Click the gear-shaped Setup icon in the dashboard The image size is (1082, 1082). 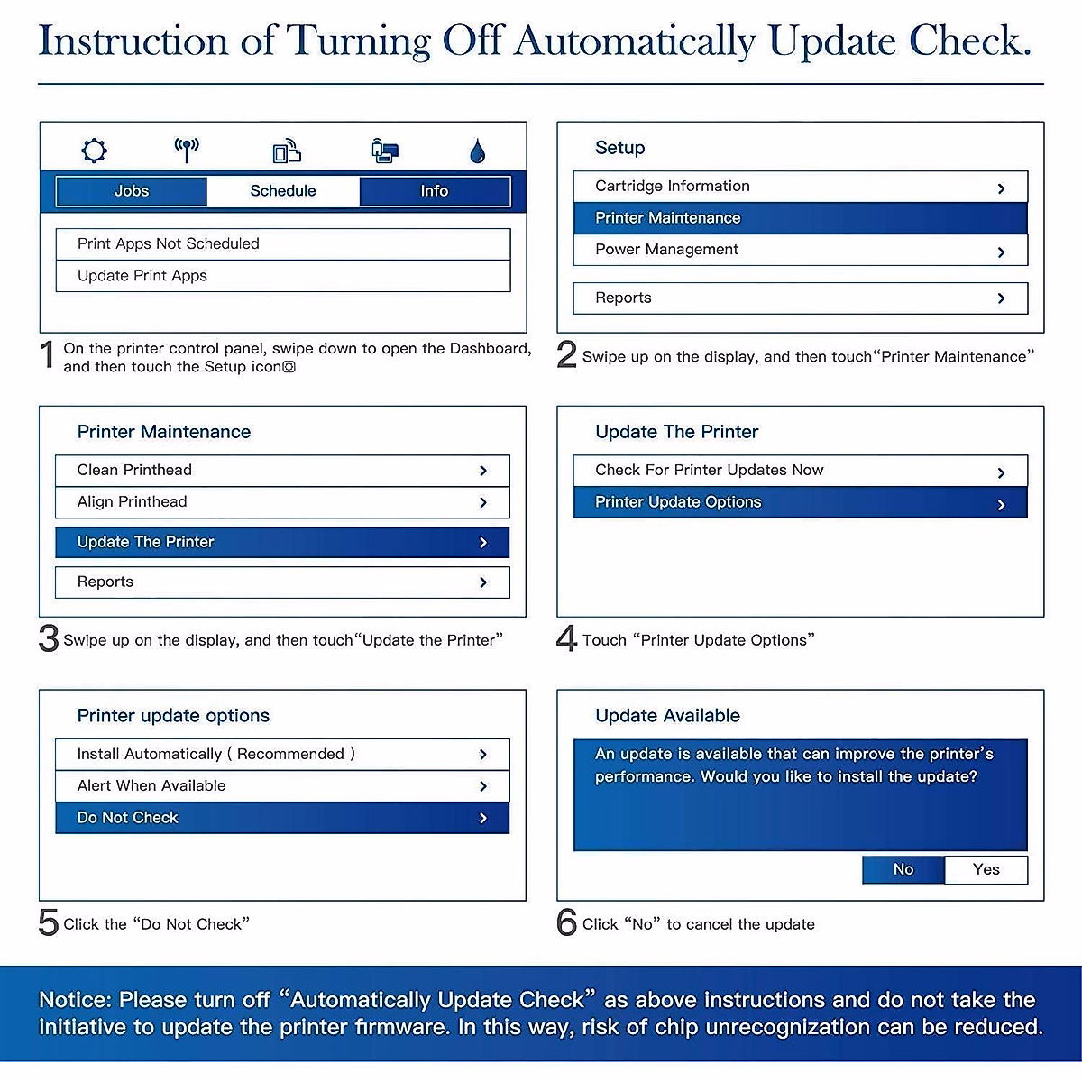pos(94,151)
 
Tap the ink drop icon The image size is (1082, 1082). pos(478,151)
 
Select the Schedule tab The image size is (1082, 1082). pos(283,191)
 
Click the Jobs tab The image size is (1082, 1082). pos(132,191)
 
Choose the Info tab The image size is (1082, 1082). pos(434,191)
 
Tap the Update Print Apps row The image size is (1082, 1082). pos(282,276)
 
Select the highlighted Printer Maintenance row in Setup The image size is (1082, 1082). pos(800,218)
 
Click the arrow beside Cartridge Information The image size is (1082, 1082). pos(1001,188)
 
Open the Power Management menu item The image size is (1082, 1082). pos(800,250)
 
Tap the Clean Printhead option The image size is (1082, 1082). pos(282,471)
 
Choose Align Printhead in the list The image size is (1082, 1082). pos(282,502)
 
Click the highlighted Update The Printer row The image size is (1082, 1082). pos(282,542)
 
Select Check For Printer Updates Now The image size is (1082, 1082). pos(800,471)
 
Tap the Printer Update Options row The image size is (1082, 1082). pos(800,502)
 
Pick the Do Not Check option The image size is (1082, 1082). pos(282,818)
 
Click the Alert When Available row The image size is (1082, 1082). pos(282,786)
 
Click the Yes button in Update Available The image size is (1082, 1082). pos(986,869)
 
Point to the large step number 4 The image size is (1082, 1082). pos(566,638)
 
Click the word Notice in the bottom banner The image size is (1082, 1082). pos(74,1000)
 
